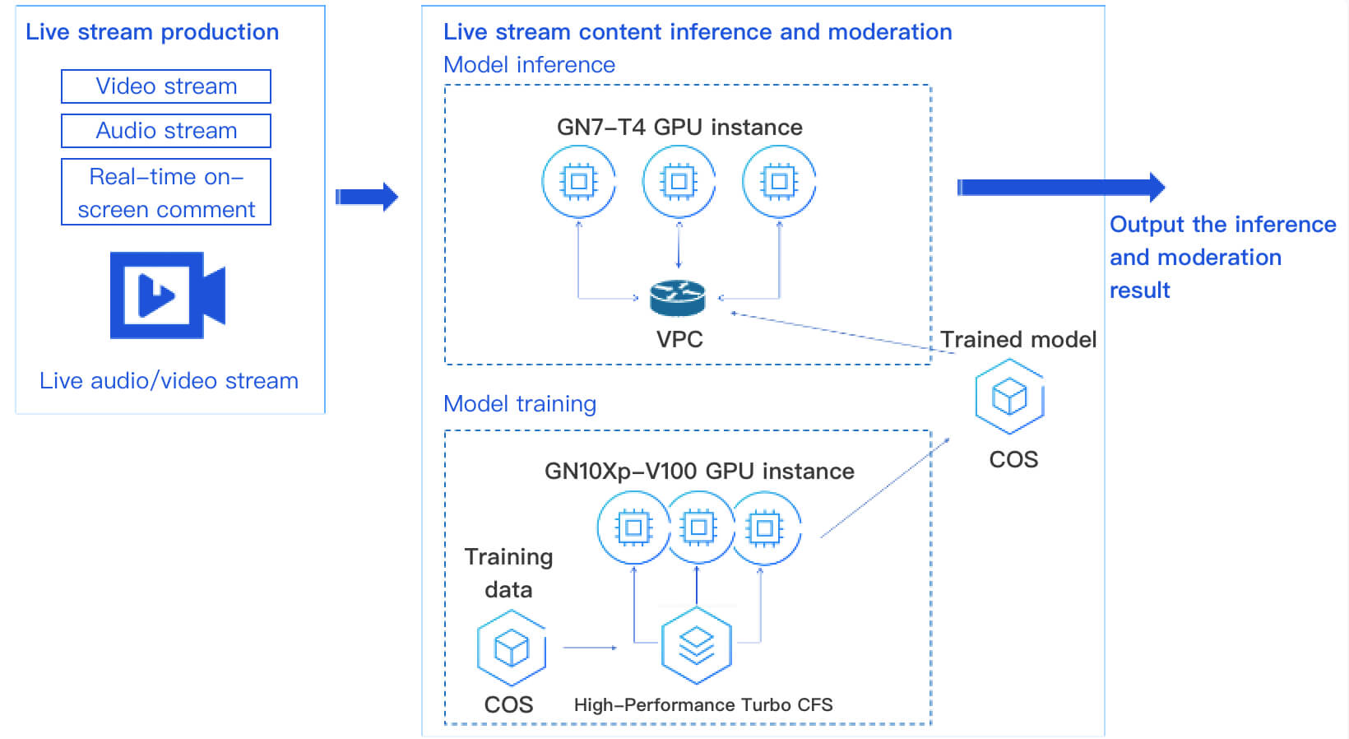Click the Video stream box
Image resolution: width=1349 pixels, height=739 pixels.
[x=166, y=86]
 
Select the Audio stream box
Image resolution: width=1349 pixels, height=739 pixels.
[x=166, y=131]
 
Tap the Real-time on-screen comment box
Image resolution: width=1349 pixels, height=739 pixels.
[x=166, y=193]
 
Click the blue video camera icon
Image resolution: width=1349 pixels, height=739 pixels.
[x=168, y=295]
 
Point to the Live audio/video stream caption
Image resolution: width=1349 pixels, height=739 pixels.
[x=169, y=381]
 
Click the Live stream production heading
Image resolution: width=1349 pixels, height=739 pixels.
[x=152, y=32]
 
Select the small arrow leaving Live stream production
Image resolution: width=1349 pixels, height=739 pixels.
[x=367, y=197]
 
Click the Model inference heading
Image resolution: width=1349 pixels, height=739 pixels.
[x=529, y=65]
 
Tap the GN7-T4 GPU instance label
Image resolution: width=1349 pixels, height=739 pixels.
[x=679, y=128]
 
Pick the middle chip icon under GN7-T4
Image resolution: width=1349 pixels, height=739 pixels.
[x=679, y=182]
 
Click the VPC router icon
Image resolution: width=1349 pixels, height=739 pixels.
[x=678, y=298]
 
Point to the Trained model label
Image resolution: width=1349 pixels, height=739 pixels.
[x=1018, y=340]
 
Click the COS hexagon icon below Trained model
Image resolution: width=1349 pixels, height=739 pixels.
[x=1009, y=397]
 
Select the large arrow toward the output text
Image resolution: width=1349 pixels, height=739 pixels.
[x=1061, y=188]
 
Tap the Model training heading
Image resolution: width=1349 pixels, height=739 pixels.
[x=520, y=404]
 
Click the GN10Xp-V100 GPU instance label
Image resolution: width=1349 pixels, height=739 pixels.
[x=699, y=472]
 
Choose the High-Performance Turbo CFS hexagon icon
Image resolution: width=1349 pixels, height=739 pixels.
[x=697, y=646]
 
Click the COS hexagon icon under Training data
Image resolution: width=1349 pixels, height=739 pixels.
[x=512, y=648]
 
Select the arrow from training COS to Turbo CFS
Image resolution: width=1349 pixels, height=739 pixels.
[x=590, y=648]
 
